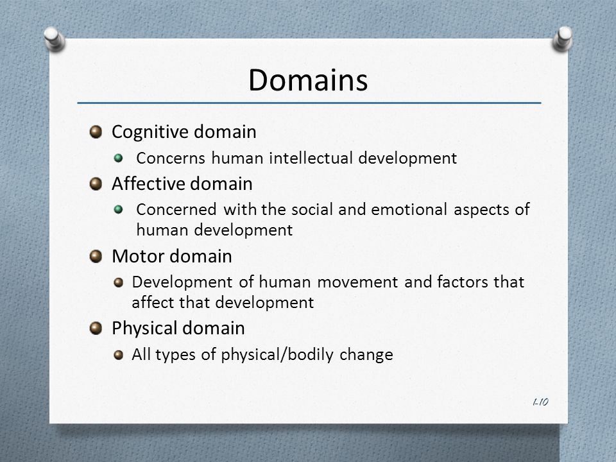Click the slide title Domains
[x=308, y=80]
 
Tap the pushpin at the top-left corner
[x=54, y=38]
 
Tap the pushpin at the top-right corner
[x=563, y=38]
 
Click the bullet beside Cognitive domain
[x=96, y=132]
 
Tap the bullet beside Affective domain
[x=96, y=184]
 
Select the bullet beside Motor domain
[x=96, y=256]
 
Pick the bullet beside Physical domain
[x=96, y=328]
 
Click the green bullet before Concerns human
[x=118, y=158]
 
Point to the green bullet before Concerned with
[x=118, y=209]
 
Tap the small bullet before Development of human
[x=118, y=282]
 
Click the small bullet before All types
[x=118, y=355]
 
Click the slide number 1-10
[x=540, y=402]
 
